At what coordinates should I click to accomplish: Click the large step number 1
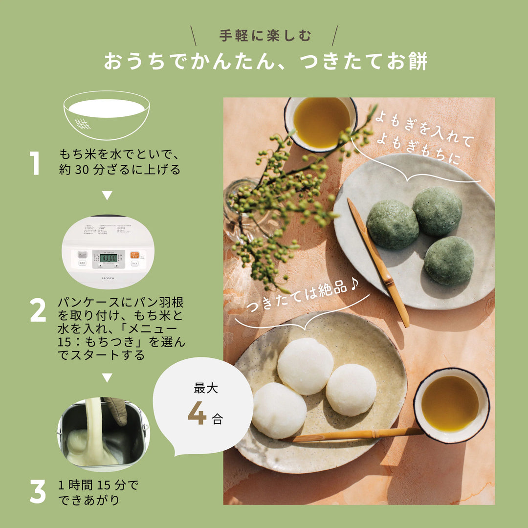pos(35,163)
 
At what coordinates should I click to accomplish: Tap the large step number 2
pos(38,310)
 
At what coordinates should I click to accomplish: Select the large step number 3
pos(38,491)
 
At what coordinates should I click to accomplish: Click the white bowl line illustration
pos(107,115)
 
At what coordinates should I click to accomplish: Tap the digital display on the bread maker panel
pos(108,257)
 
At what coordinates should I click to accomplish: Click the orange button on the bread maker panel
pos(134,255)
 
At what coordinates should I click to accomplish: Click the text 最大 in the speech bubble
pos(206,389)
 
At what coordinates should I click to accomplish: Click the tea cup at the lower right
pos(451,405)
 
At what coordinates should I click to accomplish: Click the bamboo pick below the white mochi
pos(352,434)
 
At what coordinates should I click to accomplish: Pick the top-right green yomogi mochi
pos(437,211)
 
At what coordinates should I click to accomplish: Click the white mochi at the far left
pos(279,410)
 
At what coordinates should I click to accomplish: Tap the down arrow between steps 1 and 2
pos(107,196)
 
